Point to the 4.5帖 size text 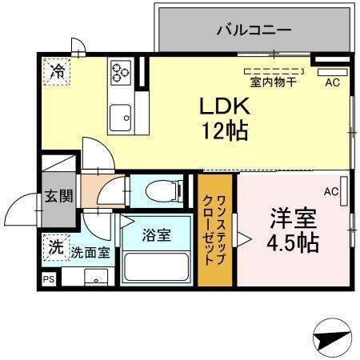point(294,242)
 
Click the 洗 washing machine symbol point(55,248)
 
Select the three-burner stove point(120,73)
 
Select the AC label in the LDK point(332,82)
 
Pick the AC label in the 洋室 point(330,191)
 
